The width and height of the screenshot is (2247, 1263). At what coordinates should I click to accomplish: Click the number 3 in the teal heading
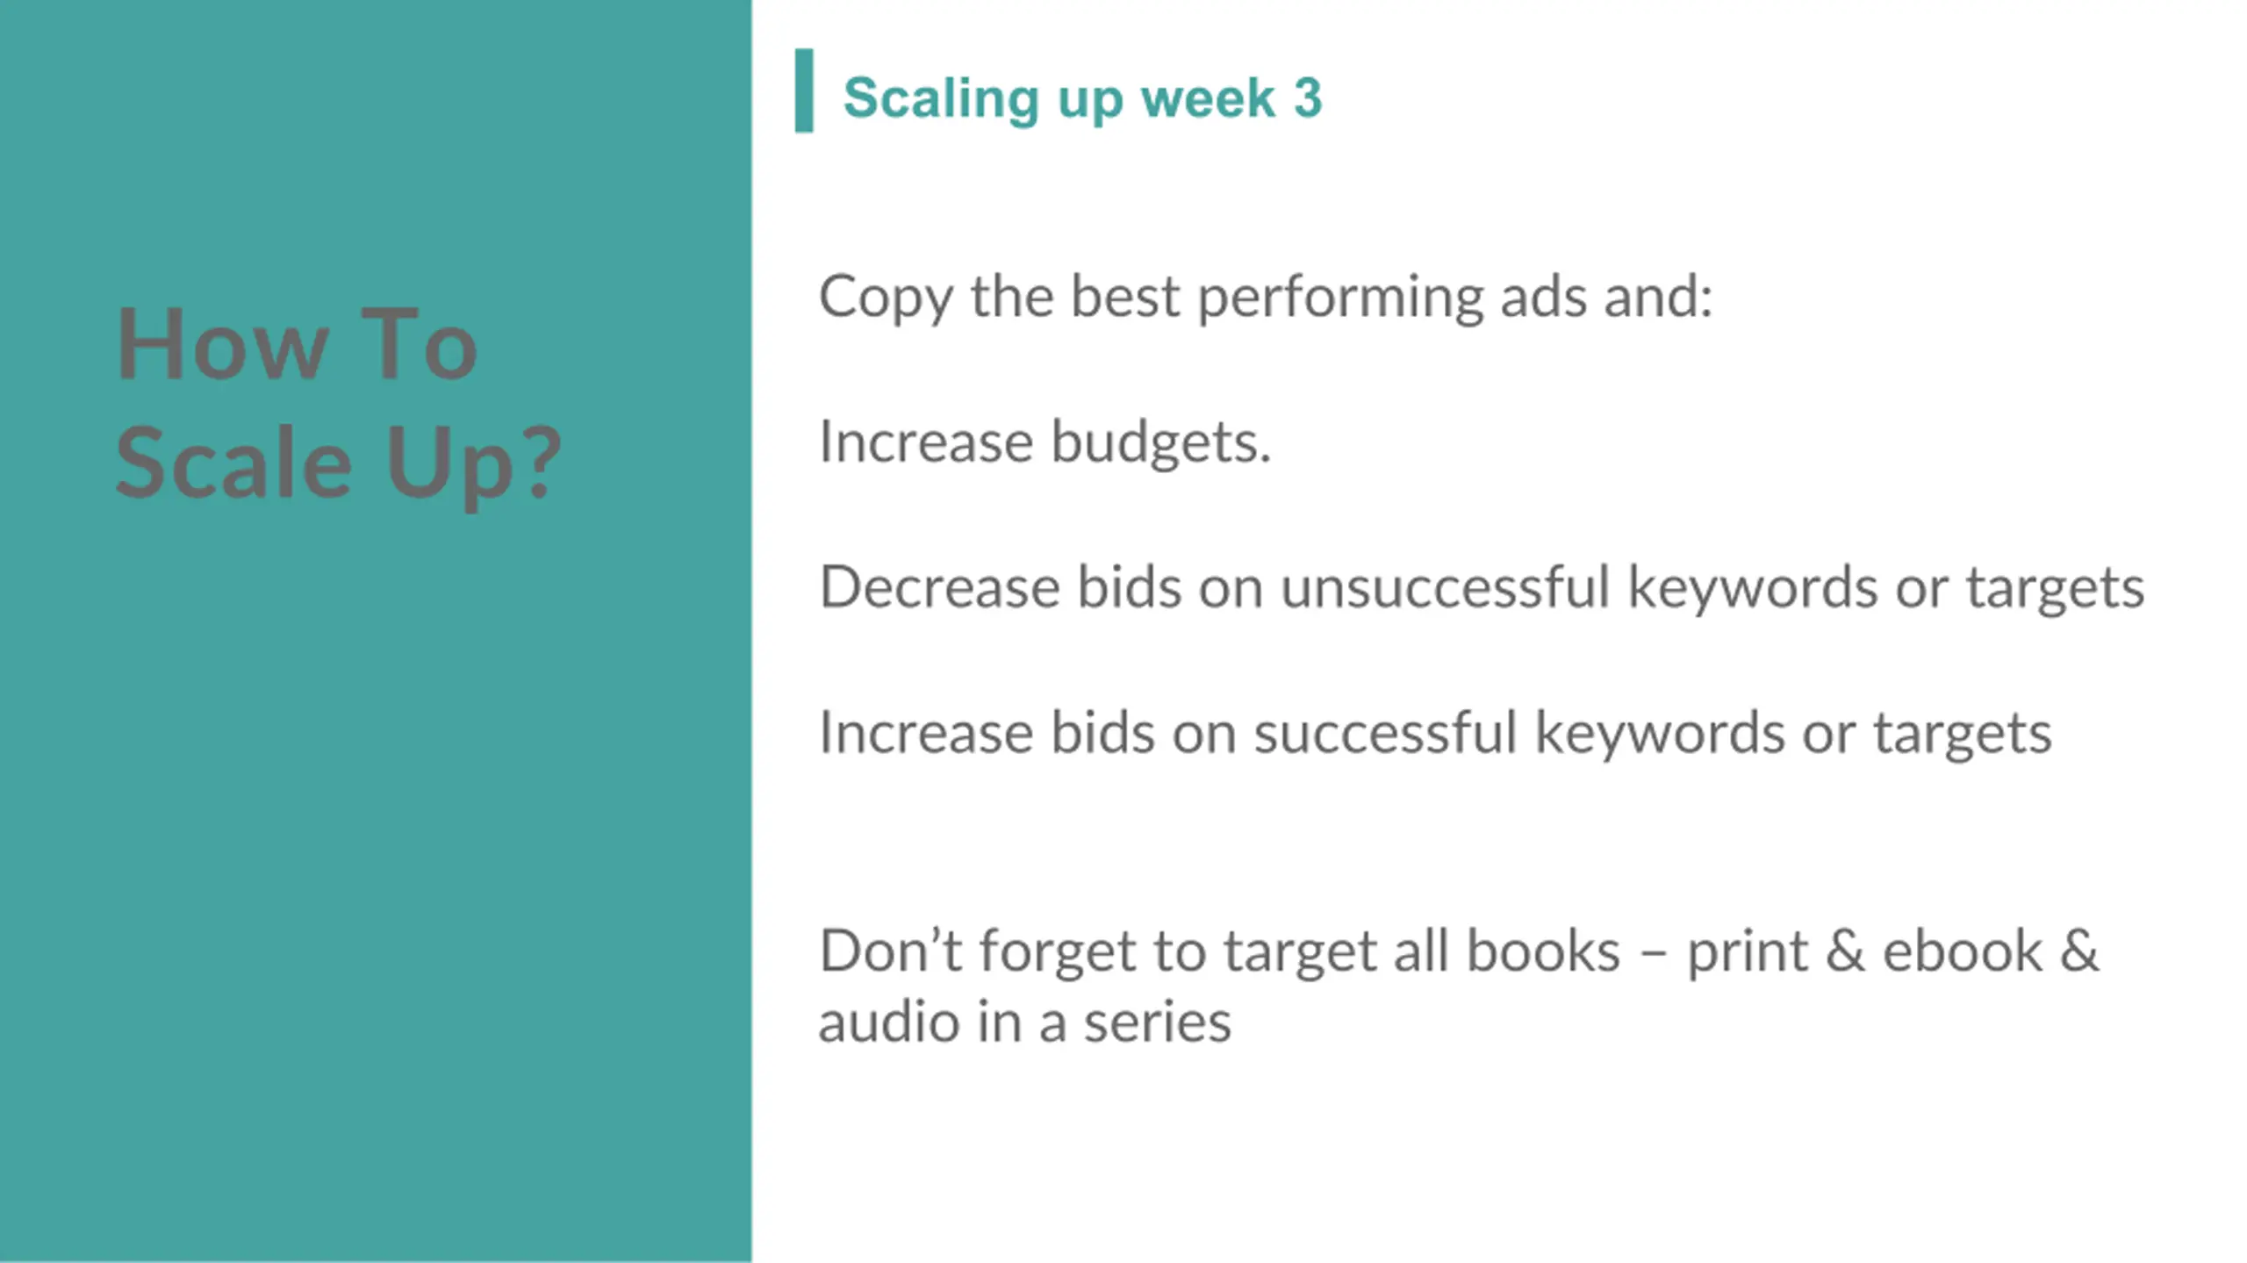click(x=1307, y=97)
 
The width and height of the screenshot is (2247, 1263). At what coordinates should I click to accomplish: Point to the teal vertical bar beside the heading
click(x=804, y=90)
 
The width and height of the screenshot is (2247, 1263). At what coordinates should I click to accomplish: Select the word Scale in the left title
click(x=233, y=462)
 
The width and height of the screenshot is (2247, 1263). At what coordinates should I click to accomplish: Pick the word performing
click(x=1340, y=298)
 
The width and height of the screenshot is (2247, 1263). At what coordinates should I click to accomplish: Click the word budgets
click(x=1160, y=441)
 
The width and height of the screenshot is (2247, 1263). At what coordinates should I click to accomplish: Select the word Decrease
click(x=939, y=586)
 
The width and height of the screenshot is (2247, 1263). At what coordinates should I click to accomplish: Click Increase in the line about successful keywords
click(x=926, y=732)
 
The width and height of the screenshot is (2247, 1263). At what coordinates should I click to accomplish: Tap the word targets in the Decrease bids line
click(x=2054, y=589)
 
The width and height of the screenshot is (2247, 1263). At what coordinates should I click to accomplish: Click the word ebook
click(x=1963, y=951)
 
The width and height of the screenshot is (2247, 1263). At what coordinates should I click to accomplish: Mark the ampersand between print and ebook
click(x=1845, y=951)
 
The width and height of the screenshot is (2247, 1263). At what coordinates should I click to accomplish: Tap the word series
click(x=1157, y=1024)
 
